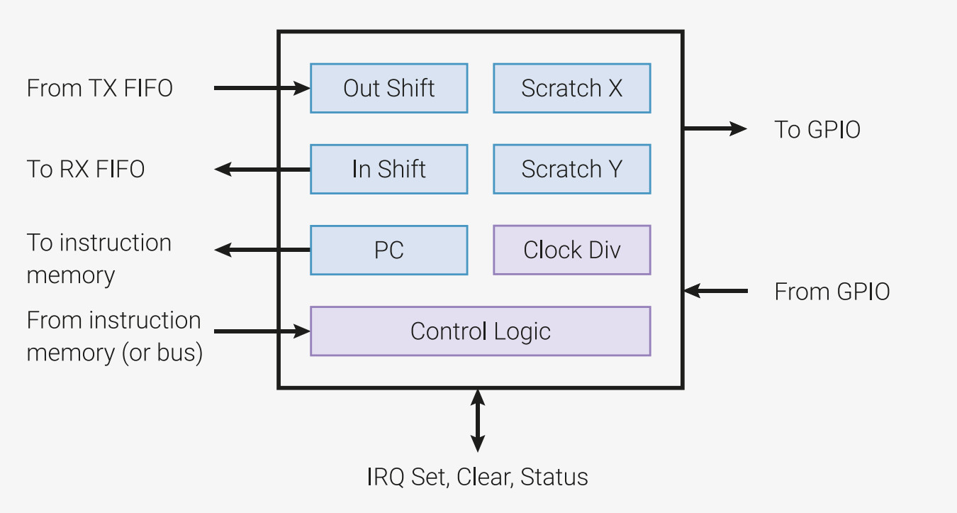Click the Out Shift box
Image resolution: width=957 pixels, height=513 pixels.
pyautogui.click(x=388, y=88)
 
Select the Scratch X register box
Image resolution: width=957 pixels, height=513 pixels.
pyautogui.click(x=571, y=88)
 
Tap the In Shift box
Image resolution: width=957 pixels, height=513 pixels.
pyautogui.click(x=388, y=169)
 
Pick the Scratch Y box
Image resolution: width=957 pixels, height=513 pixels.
pyautogui.click(x=571, y=169)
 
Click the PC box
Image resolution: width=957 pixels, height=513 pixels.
pyautogui.click(x=388, y=250)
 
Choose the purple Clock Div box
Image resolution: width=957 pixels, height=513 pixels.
pyautogui.click(x=571, y=250)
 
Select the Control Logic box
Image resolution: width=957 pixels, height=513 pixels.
pyautogui.click(x=480, y=331)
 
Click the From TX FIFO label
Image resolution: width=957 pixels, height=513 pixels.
pyautogui.click(x=100, y=88)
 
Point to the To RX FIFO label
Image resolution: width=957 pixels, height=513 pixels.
pyautogui.click(x=86, y=169)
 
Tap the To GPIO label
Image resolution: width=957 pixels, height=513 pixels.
pyautogui.click(x=817, y=129)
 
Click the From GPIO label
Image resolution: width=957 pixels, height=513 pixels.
pyautogui.click(x=832, y=292)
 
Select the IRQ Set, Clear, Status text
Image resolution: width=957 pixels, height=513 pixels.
pyautogui.click(x=477, y=477)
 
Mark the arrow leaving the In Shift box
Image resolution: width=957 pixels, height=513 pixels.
pyautogui.click(x=262, y=169)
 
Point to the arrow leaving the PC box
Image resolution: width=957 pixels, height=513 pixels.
pyautogui.click(x=262, y=250)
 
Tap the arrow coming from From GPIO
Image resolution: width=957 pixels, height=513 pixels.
pyautogui.click(x=716, y=291)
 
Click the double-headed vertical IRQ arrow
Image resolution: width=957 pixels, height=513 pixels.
pyautogui.click(x=478, y=419)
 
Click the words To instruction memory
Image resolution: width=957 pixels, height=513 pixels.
pyautogui.click(x=99, y=258)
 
